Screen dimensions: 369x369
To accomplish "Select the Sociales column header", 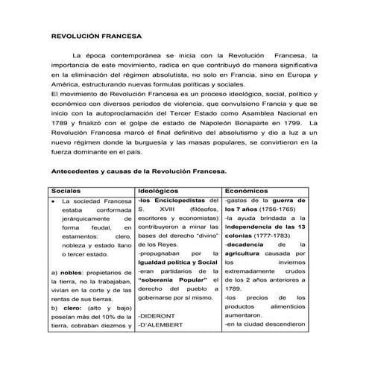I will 72,190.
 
